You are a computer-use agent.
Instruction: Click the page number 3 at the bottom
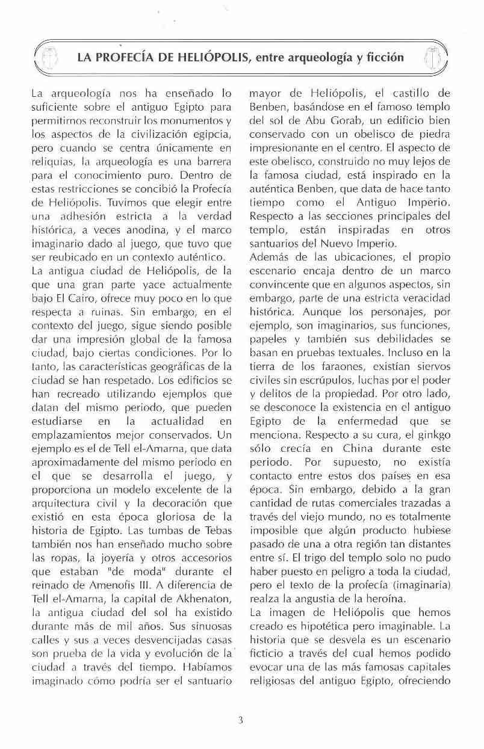[241, 717]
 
